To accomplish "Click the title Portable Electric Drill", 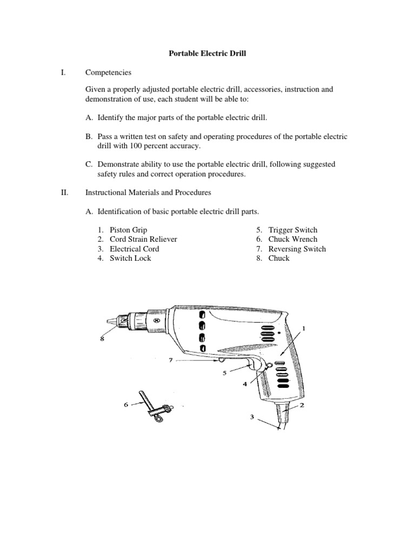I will click(207, 54).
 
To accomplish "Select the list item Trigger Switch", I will click(293, 230).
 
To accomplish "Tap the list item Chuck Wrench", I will click(293, 239).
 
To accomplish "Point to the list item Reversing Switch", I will click(297, 249).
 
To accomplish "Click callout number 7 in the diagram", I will click(171, 359).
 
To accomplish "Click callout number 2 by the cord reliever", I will click(302, 405).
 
